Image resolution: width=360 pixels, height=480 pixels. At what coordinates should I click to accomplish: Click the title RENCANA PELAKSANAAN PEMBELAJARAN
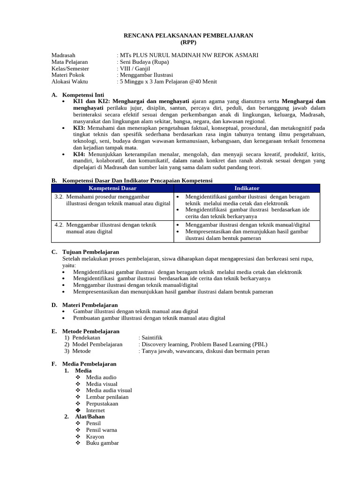click(x=187, y=35)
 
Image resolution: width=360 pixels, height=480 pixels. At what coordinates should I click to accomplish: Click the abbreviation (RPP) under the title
click(x=187, y=42)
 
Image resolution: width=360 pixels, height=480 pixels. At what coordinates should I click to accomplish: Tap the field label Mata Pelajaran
click(x=69, y=61)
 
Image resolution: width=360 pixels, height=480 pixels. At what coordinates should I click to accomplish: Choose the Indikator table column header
click(x=247, y=188)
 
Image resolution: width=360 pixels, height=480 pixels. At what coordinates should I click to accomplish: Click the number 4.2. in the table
click(x=59, y=225)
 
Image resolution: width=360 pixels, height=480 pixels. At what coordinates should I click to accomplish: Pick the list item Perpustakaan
click(x=102, y=403)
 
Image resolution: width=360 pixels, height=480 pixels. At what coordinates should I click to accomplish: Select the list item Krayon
click(x=95, y=436)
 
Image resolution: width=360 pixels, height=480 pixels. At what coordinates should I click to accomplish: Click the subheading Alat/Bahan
click(x=90, y=416)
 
